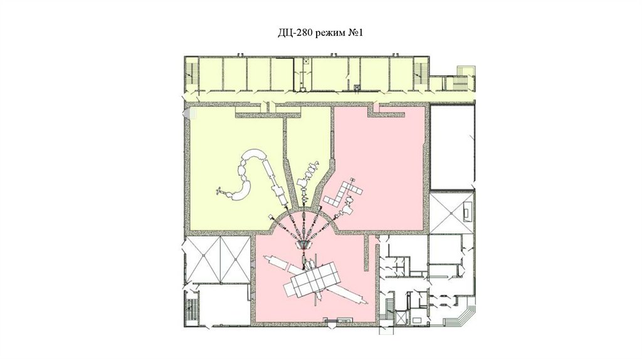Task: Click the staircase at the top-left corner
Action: pos(191,74)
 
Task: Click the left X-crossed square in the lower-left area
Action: pos(203,259)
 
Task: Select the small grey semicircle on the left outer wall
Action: pos(187,113)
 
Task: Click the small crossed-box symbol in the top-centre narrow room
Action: pos(305,61)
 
